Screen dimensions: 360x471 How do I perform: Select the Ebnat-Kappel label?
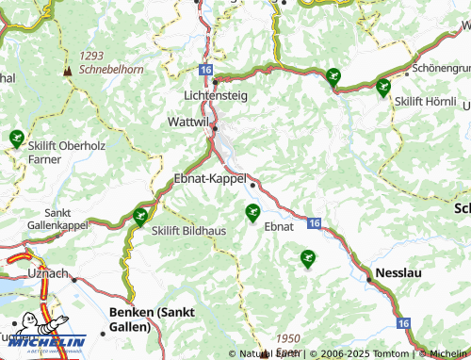pos(210,178)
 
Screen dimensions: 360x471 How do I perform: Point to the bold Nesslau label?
pos(405,272)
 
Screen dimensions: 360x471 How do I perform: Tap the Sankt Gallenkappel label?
pos(58,220)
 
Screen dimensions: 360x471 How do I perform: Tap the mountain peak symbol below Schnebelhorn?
pos(67,71)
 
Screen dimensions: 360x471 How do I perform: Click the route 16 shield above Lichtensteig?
pos(206,70)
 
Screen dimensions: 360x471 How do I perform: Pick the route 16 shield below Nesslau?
pos(403,323)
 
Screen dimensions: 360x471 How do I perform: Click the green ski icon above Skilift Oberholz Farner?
pos(16,139)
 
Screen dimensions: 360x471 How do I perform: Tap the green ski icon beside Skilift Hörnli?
pos(382,89)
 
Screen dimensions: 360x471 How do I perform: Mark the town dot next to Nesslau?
pos(368,278)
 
